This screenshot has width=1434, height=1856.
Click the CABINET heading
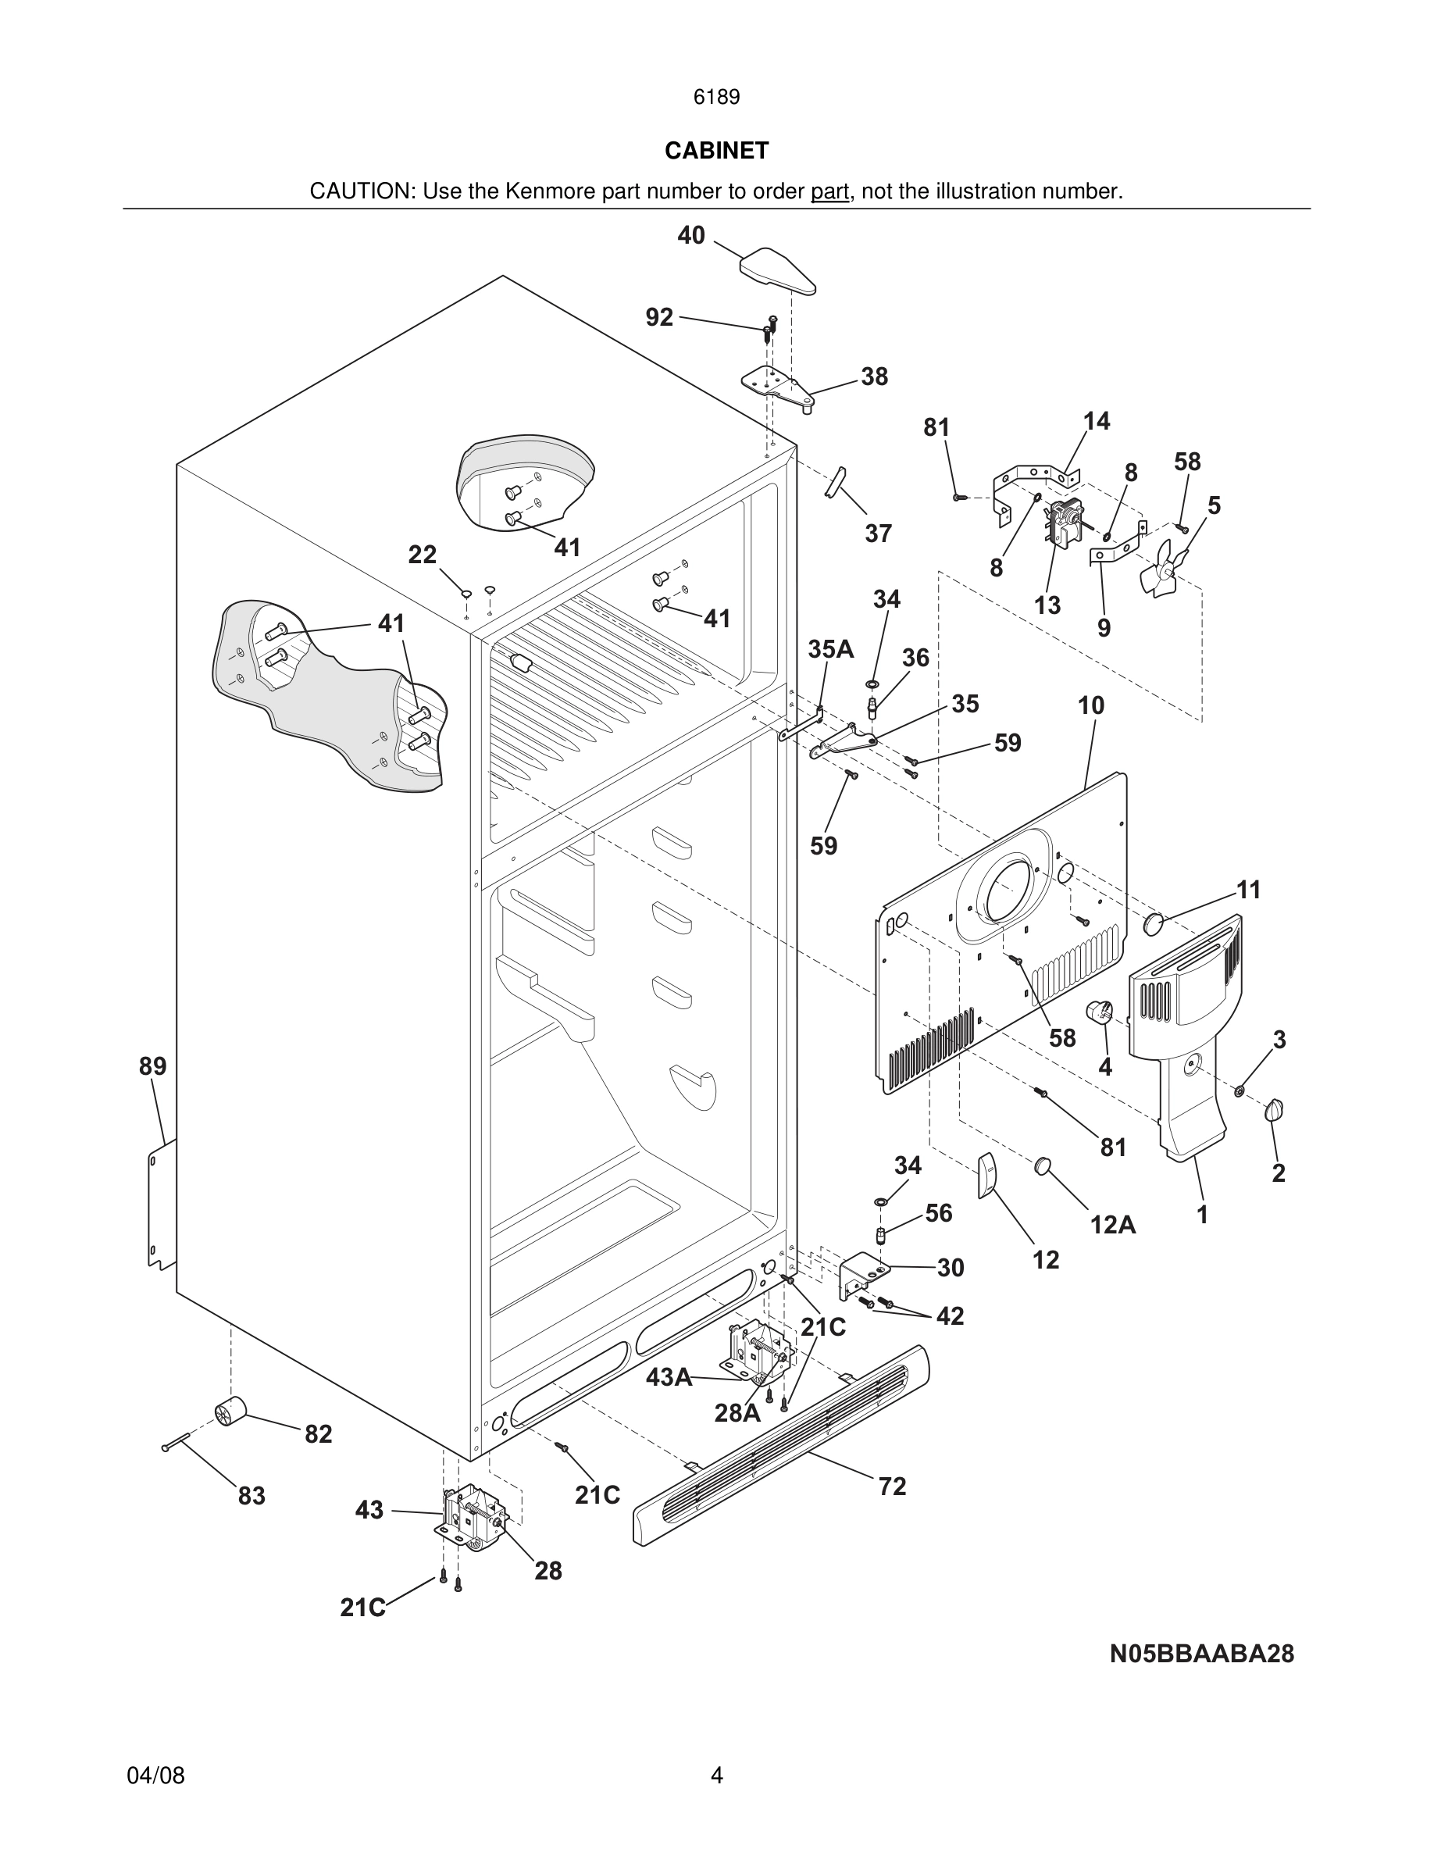click(x=716, y=151)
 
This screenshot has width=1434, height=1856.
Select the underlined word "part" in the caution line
click(x=829, y=192)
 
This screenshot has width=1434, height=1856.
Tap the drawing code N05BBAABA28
click(x=1201, y=1654)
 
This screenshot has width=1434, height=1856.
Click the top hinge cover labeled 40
click(x=777, y=270)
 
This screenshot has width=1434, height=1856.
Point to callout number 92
click(x=659, y=317)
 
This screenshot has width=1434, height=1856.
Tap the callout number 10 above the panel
click(x=1091, y=705)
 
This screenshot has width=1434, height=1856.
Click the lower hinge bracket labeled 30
click(x=863, y=1274)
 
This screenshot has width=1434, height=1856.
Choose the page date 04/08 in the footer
click(x=155, y=1776)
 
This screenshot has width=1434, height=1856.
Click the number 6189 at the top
click(x=716, y=98)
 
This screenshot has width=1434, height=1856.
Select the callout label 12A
click(x=1113, y=1225)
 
